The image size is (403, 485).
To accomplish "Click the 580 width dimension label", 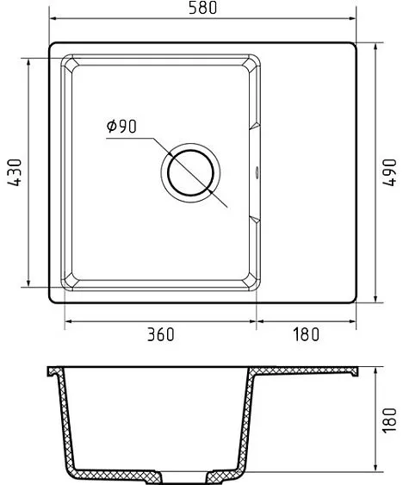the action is point(202,8).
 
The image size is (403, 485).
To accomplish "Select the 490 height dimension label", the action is point(389,172).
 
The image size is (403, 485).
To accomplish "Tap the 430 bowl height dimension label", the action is point(15,172).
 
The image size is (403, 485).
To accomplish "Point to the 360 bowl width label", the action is point(160,334).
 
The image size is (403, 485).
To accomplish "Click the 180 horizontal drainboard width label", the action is point(306,334).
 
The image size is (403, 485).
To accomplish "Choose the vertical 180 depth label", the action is point(389,420).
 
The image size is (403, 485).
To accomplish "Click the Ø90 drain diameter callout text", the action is point(121,126).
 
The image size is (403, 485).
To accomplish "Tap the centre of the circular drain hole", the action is point(190,172).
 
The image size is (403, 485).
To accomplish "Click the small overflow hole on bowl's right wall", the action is point(257,172).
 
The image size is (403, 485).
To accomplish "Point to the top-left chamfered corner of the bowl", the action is point(71,64).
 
